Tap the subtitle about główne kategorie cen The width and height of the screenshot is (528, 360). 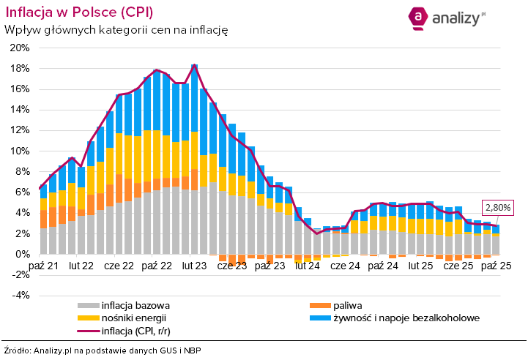coord(116,30)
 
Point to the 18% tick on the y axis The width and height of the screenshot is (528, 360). coord(19,69)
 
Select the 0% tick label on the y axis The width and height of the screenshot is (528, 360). coord(22,254)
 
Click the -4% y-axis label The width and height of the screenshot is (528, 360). coord(20,295)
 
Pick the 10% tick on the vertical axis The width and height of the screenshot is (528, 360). coord(19,151)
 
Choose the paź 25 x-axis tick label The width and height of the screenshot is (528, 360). coord(495,265)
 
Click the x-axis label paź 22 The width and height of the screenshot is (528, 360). coord(156,265)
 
